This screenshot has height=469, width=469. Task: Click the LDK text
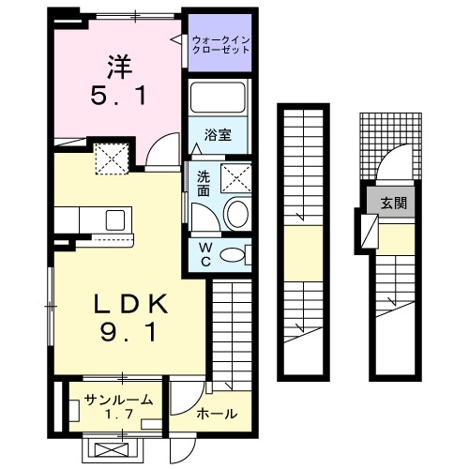129,304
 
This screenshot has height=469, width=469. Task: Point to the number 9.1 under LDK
129,332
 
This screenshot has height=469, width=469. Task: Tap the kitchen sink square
117,220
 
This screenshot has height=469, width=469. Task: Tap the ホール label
217,413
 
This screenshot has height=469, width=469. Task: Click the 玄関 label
392,203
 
